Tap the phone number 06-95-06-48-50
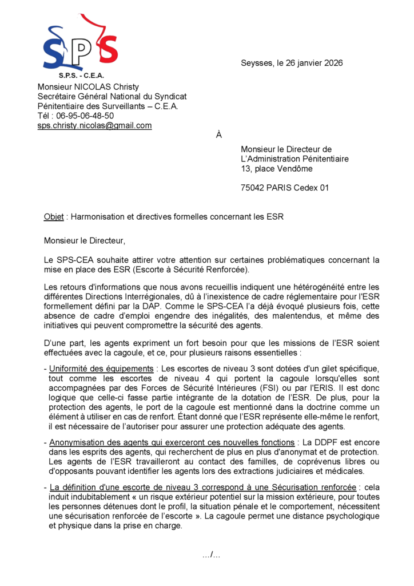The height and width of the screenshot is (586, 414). point(85,116)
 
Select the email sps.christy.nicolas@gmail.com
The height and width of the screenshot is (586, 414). point(94,125)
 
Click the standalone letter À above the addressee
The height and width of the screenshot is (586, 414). point(218,135)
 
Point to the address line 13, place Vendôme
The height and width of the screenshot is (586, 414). point(277,169)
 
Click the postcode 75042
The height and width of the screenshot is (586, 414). point(253,188)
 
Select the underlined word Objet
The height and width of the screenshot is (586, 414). point(54,217)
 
